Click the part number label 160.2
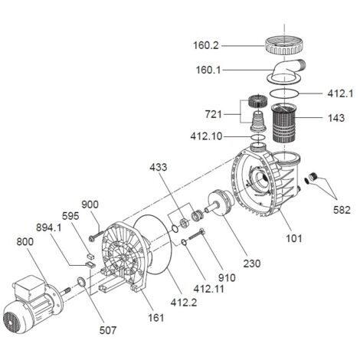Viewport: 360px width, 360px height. point(206,46)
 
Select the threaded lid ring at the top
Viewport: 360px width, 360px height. point(284,45)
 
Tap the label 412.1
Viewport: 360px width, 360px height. point(340,93)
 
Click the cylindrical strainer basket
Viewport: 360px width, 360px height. point(284,123)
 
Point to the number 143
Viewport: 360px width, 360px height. point(336,118)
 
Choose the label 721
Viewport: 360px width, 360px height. point(214,114)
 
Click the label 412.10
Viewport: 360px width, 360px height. point(206,136)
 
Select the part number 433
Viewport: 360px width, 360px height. point(159,167)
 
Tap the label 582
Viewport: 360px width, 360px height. point(342,210)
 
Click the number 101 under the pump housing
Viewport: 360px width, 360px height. point(293,238)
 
